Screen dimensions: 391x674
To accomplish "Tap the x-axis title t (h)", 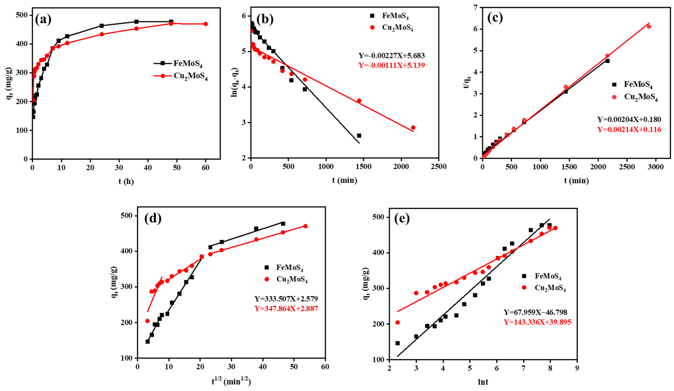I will point(126,182).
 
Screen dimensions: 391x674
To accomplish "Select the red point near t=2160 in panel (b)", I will point(413,127).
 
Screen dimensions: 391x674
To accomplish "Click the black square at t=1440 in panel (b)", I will point(359,136).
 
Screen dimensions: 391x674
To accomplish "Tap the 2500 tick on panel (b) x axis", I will point(439,166).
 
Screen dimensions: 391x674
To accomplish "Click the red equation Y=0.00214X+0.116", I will point(629,130).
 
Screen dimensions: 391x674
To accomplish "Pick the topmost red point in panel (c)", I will point(649,26).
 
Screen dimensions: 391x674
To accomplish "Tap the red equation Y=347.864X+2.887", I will point(286,309).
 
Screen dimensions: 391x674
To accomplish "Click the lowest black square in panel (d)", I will point(147,341).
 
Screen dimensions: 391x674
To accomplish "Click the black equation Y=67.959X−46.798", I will point(535,312).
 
